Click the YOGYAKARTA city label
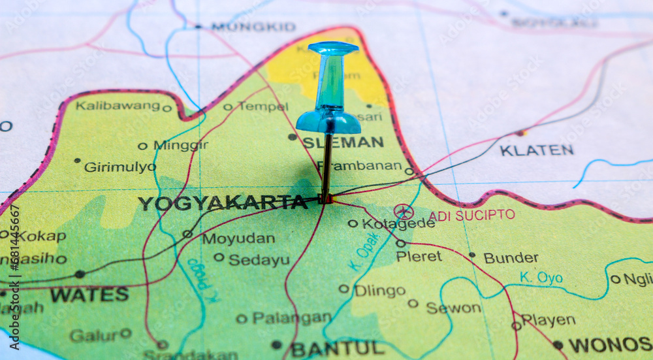tap(222, 203)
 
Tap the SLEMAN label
tap(343, 142)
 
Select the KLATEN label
tap(537, 150)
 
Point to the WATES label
tap(89, 295)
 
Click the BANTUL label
tap(338, 348)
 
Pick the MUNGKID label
tap(253, 27)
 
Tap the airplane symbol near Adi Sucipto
tap(404, 212)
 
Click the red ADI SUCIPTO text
tap(471, 215)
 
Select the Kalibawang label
tap(118, 105)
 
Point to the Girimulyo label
tap(119, 167)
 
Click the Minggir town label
tap(181, 145)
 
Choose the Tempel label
tap(263, 106)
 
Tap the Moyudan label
tap(238, 239)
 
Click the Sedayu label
tap(259, 260)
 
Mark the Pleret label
tap(419, 256)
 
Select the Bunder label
tap(511, 257)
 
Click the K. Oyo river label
tap(541, 278)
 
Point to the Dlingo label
tap(379, 291)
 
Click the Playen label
tap(548, 320)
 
